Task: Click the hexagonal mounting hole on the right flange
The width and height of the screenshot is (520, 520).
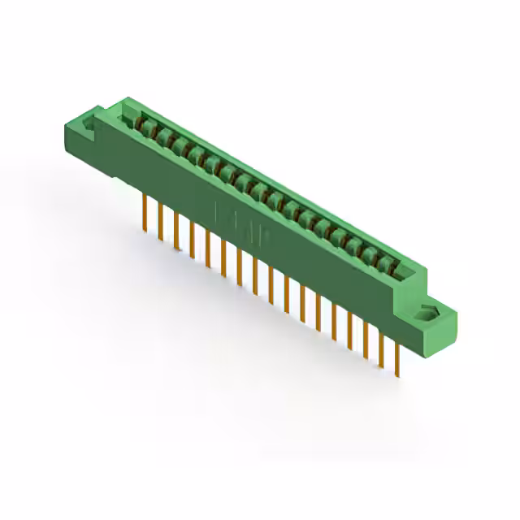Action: (427, 313)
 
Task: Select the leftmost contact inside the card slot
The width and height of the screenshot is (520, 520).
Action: (146, 126)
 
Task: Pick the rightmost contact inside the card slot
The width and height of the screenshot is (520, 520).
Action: (388, 263)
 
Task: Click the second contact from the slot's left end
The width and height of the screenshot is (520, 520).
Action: (162, 135)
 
